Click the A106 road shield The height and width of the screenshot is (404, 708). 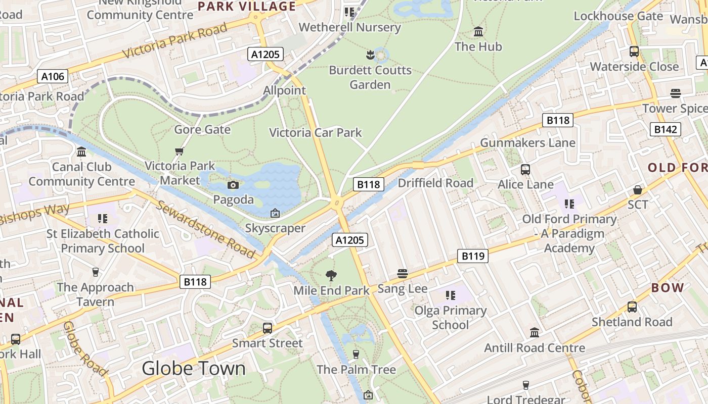(53, 76)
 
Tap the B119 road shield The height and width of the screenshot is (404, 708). (473, 256)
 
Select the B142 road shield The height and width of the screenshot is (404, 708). (665, 129)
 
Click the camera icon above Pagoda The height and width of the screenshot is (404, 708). (233, 185)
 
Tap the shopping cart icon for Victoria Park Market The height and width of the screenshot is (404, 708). (179, 151)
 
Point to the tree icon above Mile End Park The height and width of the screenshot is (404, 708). (331, 276)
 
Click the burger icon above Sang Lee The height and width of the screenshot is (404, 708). (403, 274)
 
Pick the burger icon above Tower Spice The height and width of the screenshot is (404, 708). (675, 93)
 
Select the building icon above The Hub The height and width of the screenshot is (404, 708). (478, 32)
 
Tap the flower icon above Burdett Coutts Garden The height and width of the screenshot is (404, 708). (370, 55)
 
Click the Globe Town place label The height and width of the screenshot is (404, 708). (194, 368)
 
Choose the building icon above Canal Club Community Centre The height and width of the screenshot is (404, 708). (81, 151)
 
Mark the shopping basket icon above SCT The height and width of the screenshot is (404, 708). (638, 190)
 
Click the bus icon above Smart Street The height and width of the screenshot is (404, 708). (268, 328)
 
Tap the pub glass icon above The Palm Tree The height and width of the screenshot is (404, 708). (356, 355)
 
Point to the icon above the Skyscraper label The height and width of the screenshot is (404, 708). (275, 214)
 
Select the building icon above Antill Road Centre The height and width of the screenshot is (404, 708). (535, 333)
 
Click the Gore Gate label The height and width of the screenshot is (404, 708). (202, 130)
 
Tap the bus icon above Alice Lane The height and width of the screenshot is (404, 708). (525, 170)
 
